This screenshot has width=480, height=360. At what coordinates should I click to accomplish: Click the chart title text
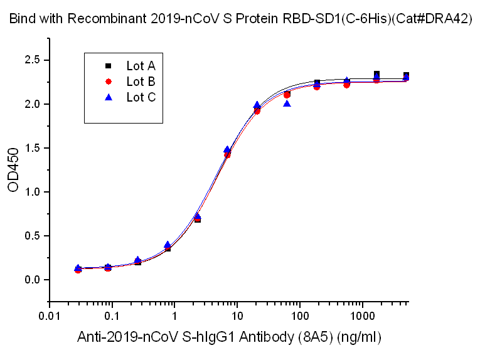tap(240, 19)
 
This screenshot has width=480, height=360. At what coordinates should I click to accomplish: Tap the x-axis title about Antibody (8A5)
tap(229, 337)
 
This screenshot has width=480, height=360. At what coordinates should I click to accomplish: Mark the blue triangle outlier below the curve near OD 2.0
tap(287, 103)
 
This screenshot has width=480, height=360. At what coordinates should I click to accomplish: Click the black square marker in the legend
tap(108, 65)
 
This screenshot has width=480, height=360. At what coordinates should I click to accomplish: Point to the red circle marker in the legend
tap(108, 81)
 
